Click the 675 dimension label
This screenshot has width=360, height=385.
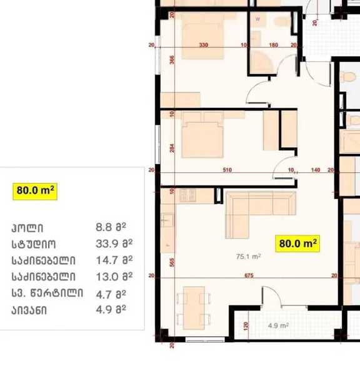point(249,275)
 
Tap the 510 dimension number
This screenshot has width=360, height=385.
point(227,170)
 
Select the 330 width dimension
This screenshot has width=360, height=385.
point(203,45)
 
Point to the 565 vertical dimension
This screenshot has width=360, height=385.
point(172,262)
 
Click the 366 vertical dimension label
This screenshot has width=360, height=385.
point(172,60)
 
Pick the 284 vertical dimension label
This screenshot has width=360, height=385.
point(172,148)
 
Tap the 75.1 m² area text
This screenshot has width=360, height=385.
point(248,257)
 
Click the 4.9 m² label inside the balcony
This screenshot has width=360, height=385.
point(278,326)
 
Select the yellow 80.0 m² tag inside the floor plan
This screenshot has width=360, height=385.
point(297,244)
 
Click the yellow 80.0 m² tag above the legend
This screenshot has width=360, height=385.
point(35,192)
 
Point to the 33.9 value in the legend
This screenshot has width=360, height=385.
point(104,244)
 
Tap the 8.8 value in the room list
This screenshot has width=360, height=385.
point(104,227)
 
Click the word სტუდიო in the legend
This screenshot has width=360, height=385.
point(34,244)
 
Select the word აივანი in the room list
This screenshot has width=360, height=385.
point(29,311)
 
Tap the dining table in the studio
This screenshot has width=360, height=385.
point(194,307)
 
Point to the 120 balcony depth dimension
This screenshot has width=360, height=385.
point(246,326)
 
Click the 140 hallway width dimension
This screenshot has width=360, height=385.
point(316,170)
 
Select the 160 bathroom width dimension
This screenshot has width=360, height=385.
point(274,45)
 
